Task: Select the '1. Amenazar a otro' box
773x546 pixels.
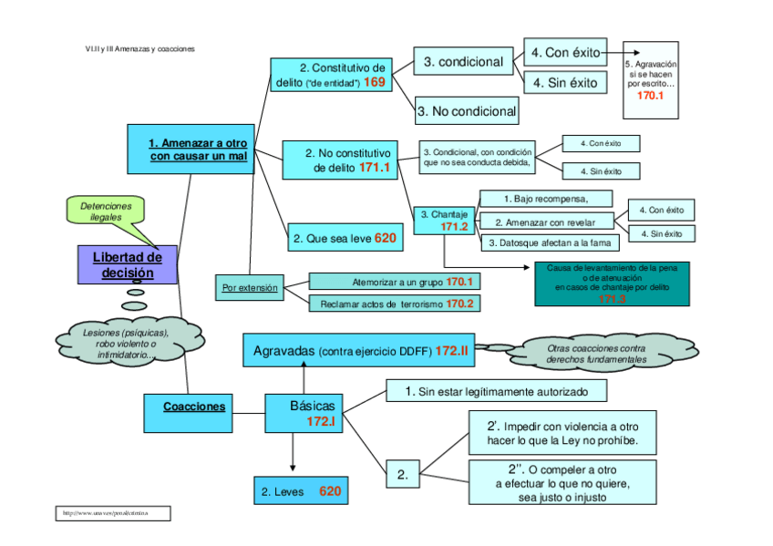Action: point(198,149)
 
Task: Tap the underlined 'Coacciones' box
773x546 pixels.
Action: point(194,407)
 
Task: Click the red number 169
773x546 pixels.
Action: point(375,82)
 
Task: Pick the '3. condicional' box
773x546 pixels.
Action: point(463,62)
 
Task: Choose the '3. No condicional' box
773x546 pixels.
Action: point(467,112)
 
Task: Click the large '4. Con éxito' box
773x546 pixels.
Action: point(565,53)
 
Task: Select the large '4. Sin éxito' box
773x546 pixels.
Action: point(565,83)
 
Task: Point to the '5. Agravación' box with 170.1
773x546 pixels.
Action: point(650,80)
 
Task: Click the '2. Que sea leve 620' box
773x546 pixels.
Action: point(345,239)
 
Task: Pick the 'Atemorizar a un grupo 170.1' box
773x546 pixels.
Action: point(396,282)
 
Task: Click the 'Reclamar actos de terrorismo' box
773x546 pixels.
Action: point(396,304)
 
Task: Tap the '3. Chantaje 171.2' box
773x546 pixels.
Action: point(445,220)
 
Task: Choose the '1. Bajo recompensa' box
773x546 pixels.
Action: point(546,199)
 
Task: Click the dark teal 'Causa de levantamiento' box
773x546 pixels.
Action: point(612,283)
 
